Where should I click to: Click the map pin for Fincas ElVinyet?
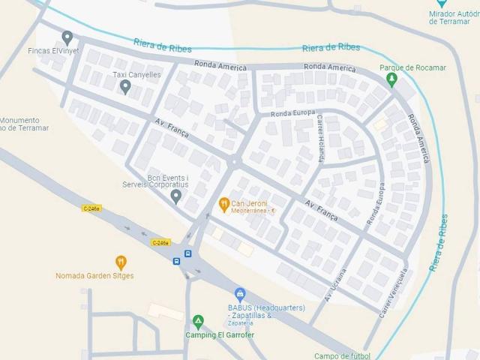coord(67,37)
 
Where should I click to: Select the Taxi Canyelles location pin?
coord(125,87)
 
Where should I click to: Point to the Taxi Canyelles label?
coord(136,75)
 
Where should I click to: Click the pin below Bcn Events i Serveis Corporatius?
coord(176,196)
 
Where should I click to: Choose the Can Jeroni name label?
coord(248,203)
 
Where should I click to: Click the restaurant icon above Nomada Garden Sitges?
coord(121,262)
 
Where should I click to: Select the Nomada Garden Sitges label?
coord(94,276)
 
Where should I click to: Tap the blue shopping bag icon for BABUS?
coord(240,294)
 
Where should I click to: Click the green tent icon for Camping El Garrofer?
coord(198,322)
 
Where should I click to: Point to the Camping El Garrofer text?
coord(217,334)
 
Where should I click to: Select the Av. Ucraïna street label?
coord(336,286)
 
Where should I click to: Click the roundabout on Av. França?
coord(234,160)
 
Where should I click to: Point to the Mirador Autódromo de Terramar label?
coord(454,17)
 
